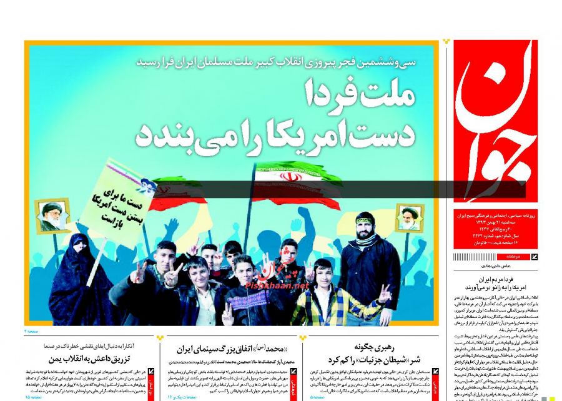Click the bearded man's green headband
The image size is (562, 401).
point(365,219)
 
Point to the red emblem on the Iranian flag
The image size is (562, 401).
point(288,177)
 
